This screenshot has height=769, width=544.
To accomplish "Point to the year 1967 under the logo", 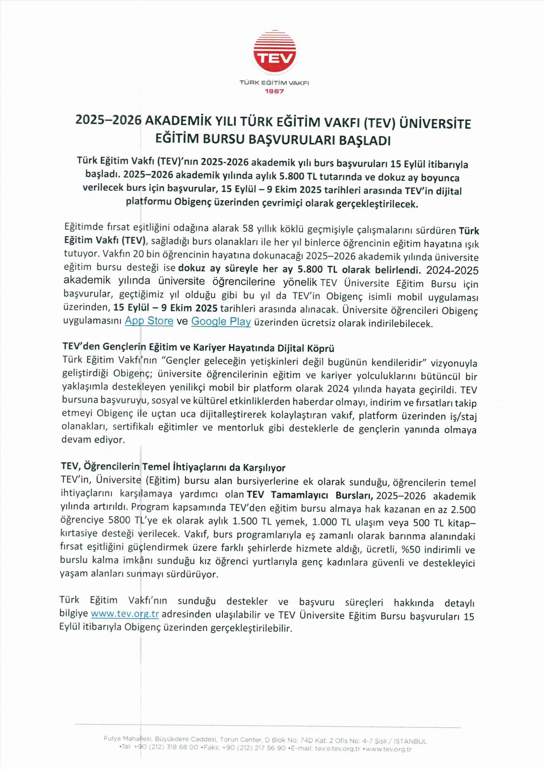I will [274, 91].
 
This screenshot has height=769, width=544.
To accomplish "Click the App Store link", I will [149, 321].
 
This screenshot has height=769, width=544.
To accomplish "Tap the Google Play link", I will [221, 321].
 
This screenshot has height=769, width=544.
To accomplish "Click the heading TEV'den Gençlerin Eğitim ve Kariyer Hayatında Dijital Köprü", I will [198, 348].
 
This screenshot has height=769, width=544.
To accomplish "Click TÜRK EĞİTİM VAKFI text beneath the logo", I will [274, 82].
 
